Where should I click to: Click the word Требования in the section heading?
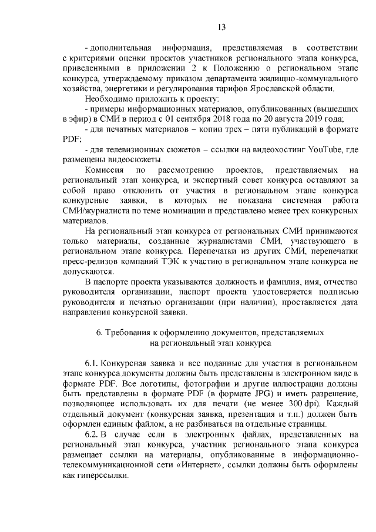tap(131, 333)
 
